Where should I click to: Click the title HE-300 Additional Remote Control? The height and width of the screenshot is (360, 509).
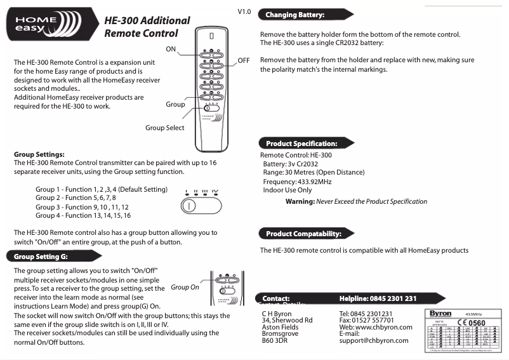[146, 27]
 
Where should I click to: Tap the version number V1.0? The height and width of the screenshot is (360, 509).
[244, 12]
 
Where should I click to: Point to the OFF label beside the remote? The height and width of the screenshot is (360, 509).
[244, 60]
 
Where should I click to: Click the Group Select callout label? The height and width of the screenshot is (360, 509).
[164, 128]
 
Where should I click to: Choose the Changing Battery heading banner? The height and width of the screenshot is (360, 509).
[295, 15]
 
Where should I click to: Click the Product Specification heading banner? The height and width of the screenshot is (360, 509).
[301, 143]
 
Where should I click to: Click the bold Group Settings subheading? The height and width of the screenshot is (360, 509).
[39, 154]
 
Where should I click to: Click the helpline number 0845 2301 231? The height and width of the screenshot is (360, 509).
[378, 298]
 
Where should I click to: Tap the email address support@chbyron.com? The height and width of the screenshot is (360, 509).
[374, 341]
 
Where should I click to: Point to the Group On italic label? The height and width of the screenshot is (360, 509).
[185, 287]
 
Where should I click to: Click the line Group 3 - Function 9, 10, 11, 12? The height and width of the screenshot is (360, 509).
[82, 207]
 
